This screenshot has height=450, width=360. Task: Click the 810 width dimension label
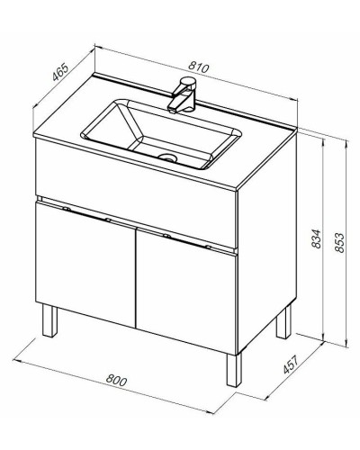click(198, 67)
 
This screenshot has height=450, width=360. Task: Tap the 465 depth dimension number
click(60, 72)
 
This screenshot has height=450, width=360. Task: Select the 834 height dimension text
click(316, 238)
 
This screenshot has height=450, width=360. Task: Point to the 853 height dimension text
click(339, 242)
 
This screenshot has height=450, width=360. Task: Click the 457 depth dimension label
click(291, 364)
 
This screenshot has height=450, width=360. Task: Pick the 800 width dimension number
click(116, 380)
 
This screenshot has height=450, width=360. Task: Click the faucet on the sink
click(183, 94)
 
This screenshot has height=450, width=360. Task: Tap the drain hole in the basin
click(167, 157)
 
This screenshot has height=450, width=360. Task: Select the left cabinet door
click(85, 264)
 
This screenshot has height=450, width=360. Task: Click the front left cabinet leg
click(49, 320)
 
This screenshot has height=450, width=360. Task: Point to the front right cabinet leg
click(234, 370)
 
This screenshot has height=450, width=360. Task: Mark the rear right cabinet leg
click(283, 321)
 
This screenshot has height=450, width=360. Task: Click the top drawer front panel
click(137, 193)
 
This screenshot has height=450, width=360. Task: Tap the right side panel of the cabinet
click(267, 243)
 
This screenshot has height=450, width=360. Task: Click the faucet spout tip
click(172, 110)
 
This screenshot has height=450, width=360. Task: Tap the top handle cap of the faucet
click(188, 81)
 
